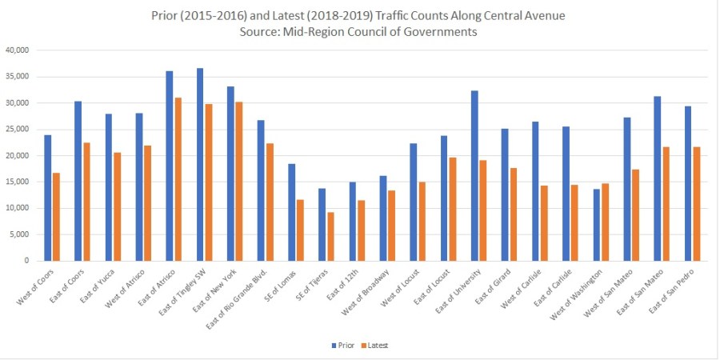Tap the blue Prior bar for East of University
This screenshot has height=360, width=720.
474,175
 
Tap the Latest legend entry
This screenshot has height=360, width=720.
376,346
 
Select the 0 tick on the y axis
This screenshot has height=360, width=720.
26,261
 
